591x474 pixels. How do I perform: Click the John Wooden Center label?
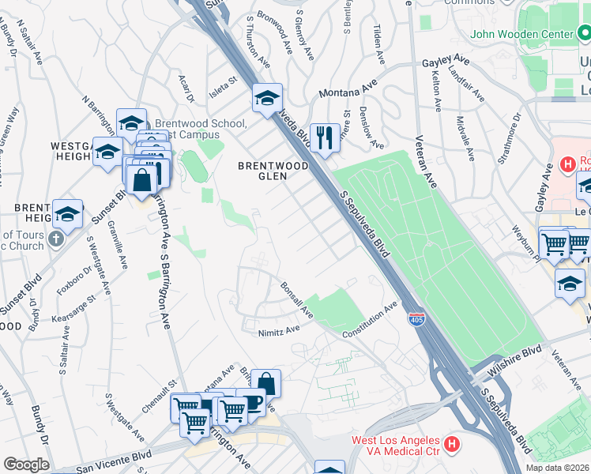[521, 35]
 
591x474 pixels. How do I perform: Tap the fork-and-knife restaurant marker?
[325, 138]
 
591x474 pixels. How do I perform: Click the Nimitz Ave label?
[280, 332]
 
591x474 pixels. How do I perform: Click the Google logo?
[26, 465]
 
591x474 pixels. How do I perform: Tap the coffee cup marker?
[251, 401]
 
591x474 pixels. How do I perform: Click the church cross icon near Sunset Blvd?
[56, 239]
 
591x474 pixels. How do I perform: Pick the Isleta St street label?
[222, 81]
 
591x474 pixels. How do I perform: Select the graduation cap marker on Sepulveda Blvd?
[268, 98]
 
